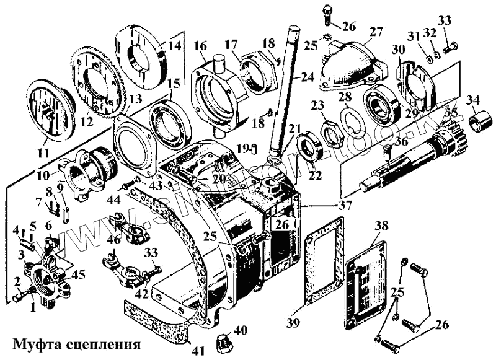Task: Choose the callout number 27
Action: tap(376, 32)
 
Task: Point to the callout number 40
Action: tap(241, 329)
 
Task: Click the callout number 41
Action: tap(198, 351)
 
